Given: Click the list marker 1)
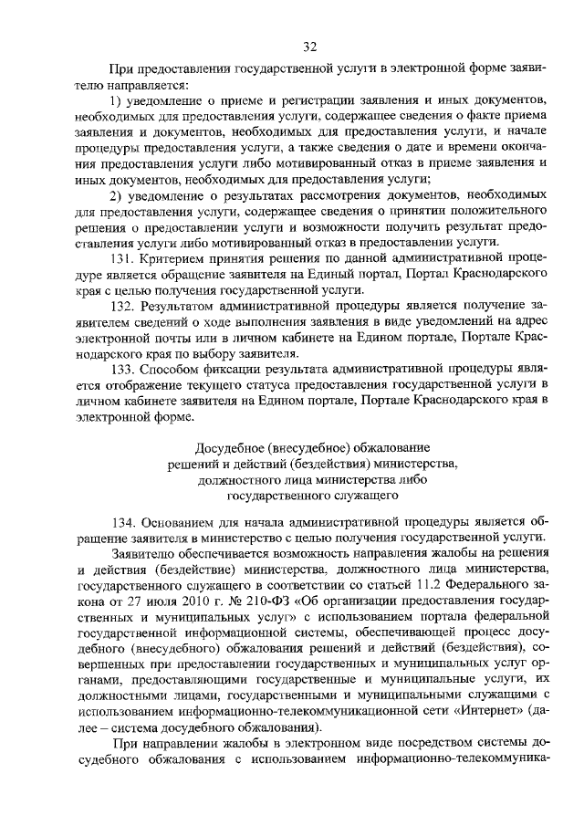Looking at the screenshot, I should click(x=116, y=98).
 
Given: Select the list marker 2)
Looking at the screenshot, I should click(x=116, y=194).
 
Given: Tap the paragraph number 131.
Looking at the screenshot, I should click(x=121, y=258).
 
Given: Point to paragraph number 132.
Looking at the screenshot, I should click(x=121, y=307).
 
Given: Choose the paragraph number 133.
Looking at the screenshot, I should click(x=121, y=371).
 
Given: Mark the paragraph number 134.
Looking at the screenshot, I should click(x=121, y=522).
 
